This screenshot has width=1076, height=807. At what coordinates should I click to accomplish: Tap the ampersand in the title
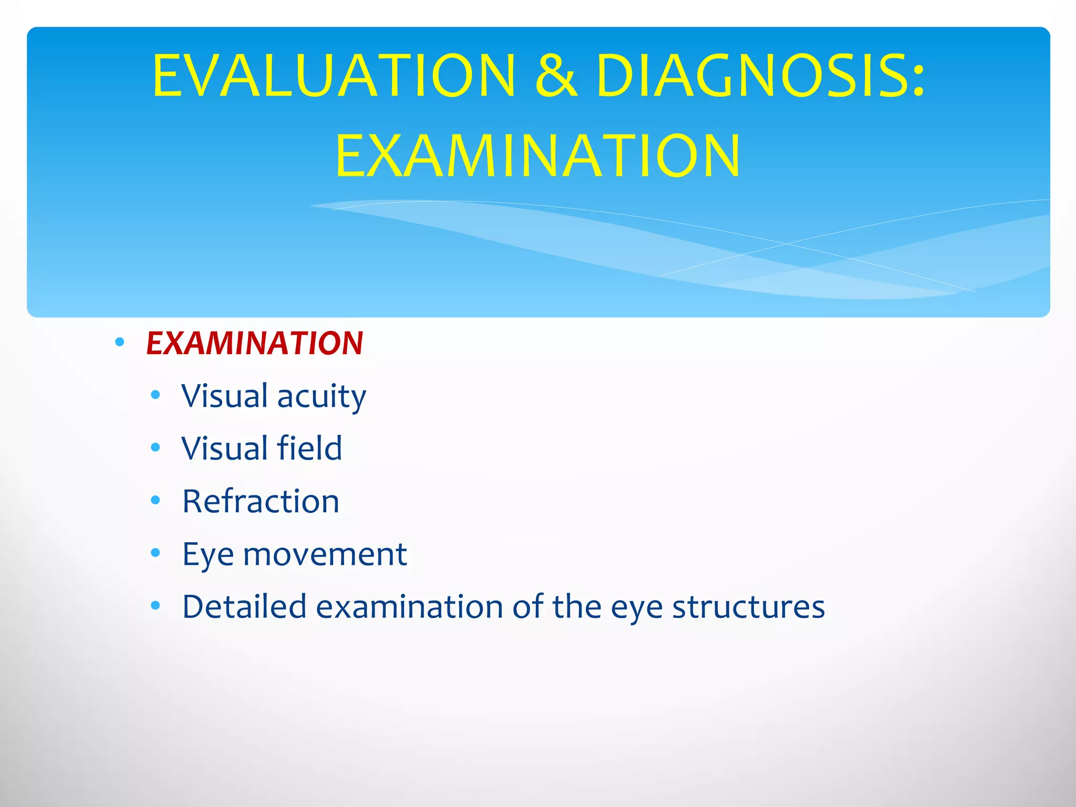556,76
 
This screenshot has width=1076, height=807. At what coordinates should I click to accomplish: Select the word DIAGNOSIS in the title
751,76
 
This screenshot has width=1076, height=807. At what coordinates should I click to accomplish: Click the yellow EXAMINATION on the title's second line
537,156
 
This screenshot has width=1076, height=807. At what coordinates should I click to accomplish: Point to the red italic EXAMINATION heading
254,343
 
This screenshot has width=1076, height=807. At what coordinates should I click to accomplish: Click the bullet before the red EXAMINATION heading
120,343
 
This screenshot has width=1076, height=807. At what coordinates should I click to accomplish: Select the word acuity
321,396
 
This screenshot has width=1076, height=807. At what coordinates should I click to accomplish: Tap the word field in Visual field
309,448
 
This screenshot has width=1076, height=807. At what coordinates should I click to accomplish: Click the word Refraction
261,501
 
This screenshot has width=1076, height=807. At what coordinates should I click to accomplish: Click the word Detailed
244,606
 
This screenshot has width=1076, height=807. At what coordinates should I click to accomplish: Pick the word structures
748,607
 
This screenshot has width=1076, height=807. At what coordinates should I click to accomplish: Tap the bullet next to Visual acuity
155,395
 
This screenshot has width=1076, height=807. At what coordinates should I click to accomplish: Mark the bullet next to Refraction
155,500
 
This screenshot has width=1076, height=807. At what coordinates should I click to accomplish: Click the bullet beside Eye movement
155,553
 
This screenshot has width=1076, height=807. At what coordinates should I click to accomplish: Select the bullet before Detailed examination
155,606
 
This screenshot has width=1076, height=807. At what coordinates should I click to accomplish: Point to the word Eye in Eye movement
208,555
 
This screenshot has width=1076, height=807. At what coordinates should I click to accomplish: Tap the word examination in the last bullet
409,606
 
